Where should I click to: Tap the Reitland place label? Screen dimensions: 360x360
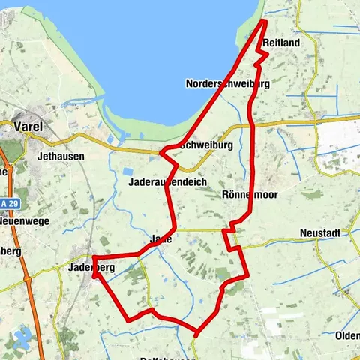(281, 44)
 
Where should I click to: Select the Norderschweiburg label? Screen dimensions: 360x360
(227, 83)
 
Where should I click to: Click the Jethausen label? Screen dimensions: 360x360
(60, 157)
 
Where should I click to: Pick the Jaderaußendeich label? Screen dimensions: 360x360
(167, 182)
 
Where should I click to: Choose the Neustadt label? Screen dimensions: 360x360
(320, 234)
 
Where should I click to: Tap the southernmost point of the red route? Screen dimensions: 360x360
(196, 331)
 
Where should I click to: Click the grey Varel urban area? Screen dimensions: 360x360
(19, 139)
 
